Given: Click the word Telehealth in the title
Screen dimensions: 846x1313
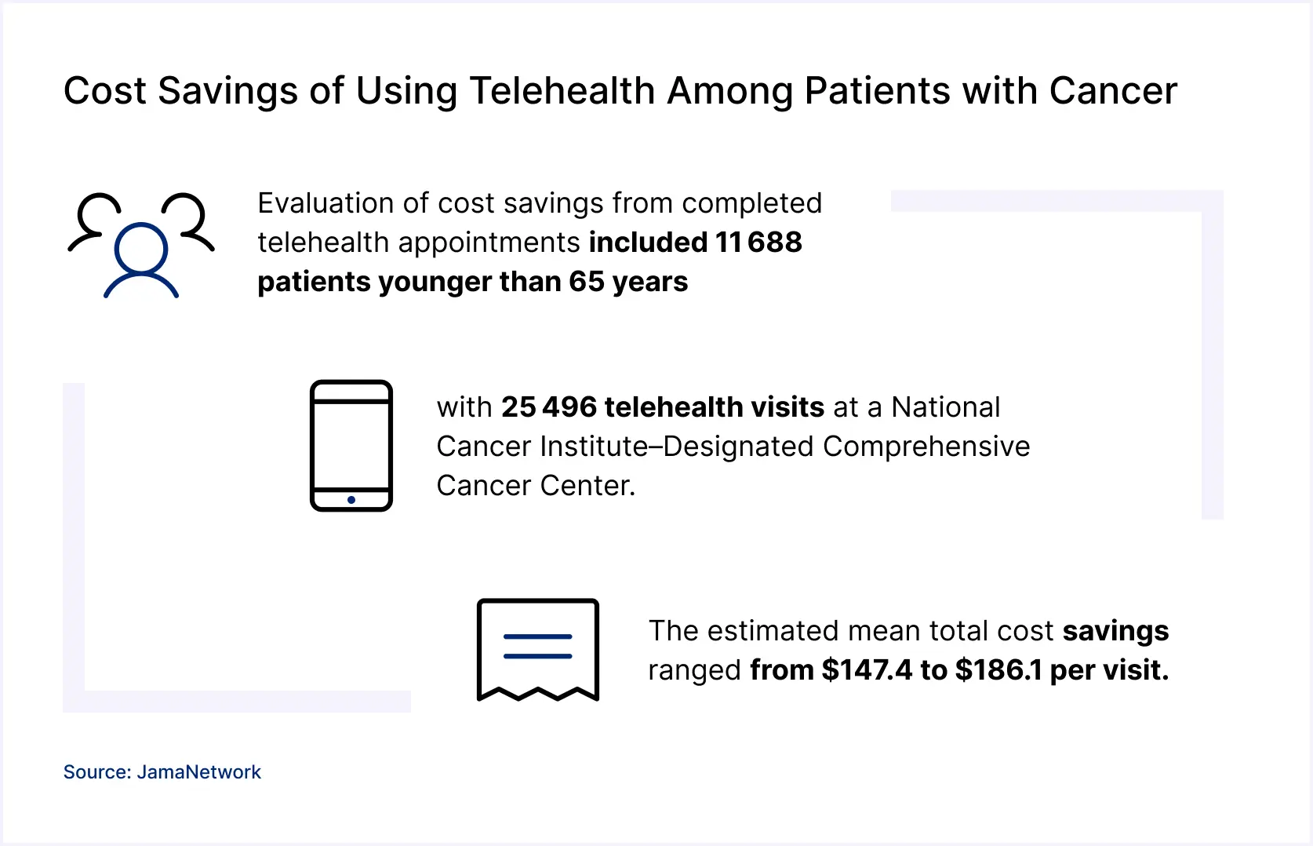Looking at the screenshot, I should (562, 91).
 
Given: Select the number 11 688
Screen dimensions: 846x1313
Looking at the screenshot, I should (758, 242).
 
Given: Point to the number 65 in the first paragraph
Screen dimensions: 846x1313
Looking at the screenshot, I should (587, 282).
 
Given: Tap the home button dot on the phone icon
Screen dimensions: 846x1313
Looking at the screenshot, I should (351, 500).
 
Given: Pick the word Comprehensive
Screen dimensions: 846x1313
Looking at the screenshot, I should (926, 447).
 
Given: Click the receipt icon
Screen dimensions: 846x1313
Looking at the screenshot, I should (538, 650).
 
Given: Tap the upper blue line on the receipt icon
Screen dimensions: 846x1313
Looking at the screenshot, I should (538, 636).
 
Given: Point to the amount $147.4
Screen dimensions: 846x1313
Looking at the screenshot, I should (867, 670).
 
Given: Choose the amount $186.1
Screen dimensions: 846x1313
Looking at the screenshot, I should (998, 670).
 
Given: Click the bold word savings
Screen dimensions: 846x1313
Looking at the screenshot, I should (1115, 631).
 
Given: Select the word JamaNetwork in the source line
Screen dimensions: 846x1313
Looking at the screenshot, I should (199, 772).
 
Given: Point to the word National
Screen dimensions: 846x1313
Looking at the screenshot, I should (946, 407).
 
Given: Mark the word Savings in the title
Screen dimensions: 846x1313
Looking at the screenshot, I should (227, 91).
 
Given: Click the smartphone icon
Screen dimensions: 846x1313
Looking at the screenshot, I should (351, 446).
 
